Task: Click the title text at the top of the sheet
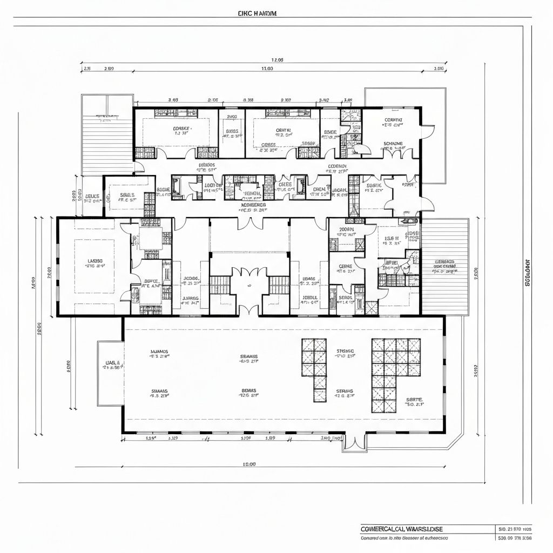click(x=257, y=14)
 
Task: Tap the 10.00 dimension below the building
click(x=248, y=464)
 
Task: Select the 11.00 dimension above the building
click(x=267, y=69)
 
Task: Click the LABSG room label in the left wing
click(x=95, y=261)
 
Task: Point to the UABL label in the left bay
click(x=112, y=363)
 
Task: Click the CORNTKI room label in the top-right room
click(x=393, y=120)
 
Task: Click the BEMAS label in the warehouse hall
click(x=248, y=390)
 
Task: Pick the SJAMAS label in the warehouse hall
click(x=159, y=352)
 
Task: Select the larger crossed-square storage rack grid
click(x=395, y=375)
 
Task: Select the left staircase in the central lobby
click(x=220, y=285)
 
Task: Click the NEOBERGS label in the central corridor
click(x=253, y=205)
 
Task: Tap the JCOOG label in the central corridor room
click(x=192, y=280)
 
